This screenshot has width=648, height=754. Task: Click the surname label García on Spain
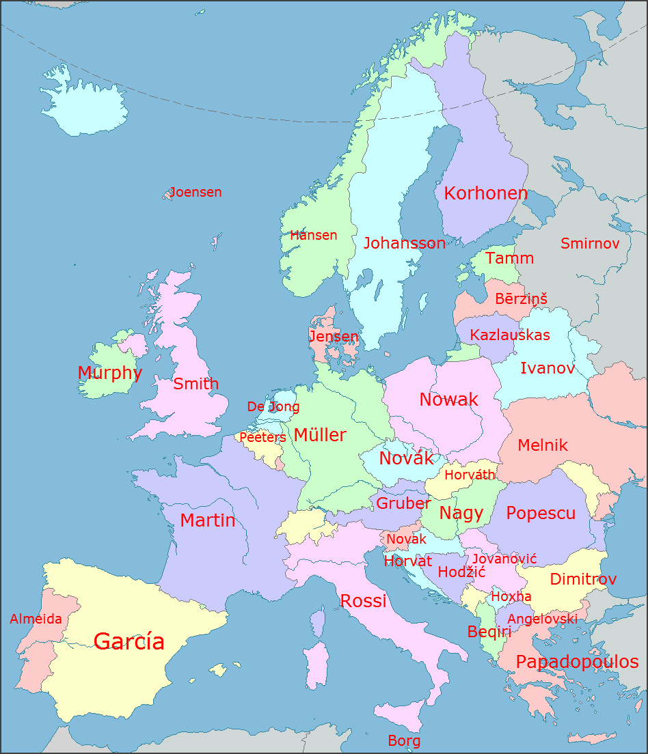pos(129,641)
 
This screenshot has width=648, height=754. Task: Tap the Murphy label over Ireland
pos(109,373)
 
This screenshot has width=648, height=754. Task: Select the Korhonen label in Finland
pos(485,193)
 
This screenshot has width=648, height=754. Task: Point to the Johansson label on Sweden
pos(404,243)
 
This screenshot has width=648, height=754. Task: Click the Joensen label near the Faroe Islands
pos(195,192)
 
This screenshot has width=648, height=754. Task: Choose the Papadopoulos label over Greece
pos(576,661)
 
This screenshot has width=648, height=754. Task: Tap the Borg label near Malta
pos(403,740)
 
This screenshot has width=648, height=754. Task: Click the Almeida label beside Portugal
pos(36,619)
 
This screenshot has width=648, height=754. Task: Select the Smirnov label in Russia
pos(589,243)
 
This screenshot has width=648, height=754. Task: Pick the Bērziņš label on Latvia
pos(521,299)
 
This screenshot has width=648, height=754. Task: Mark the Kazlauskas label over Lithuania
pos(510,335)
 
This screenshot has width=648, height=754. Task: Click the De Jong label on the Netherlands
pos(273,406)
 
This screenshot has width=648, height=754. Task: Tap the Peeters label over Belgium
pos(262,437)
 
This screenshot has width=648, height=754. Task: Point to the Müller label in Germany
pos(320,435)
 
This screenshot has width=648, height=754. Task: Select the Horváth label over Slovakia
pos(469,475)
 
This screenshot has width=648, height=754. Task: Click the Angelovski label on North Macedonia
pos(542,619)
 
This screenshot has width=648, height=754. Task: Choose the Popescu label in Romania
pos(540,513)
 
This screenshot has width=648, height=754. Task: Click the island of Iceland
pos(82,102)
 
